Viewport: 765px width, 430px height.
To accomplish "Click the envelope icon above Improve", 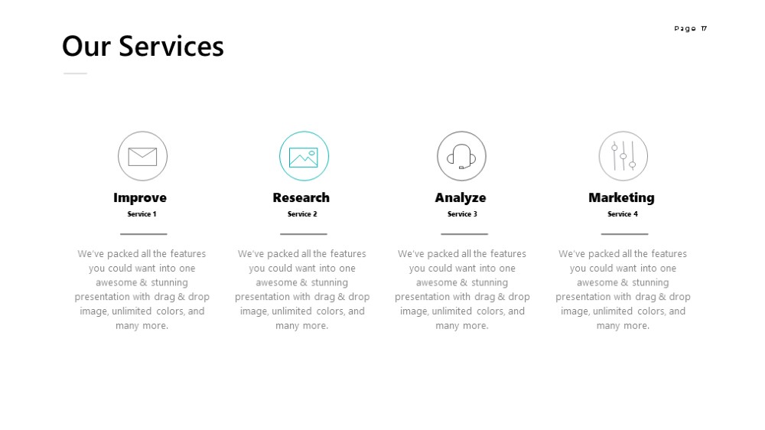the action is tap(142, 157).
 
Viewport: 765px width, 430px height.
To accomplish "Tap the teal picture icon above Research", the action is tap(304, 157).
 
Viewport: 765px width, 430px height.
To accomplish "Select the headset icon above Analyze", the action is tap(461, 156).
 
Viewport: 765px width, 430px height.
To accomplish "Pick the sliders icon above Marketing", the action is tap(623, 155).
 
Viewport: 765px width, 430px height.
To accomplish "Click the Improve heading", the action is tap(140, 197).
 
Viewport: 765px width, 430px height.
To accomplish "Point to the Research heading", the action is tap(301, 197).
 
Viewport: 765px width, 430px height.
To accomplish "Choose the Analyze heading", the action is tap(461, 197).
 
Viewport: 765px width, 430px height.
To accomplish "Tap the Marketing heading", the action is tap(621, 197).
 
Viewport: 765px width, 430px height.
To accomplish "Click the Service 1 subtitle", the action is tap(142, 213).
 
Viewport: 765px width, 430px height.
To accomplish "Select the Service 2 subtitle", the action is tap(302, 213).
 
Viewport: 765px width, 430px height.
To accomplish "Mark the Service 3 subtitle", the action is tap(463, 213).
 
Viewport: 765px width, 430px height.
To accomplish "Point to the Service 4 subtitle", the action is tap(623, 213).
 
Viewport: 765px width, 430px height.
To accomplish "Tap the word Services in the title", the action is tap(171, 47).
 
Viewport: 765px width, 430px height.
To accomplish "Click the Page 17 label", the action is tap(690, 29).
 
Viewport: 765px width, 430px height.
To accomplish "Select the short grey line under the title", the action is tap(75, 73).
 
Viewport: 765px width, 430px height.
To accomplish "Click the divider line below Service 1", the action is tap(144, 234).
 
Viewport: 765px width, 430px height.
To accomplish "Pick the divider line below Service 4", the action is tap(624, 234).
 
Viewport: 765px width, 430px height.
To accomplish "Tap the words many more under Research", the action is tap(301, 325).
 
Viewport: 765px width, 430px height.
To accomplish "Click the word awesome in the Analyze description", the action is tap(437, 282).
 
